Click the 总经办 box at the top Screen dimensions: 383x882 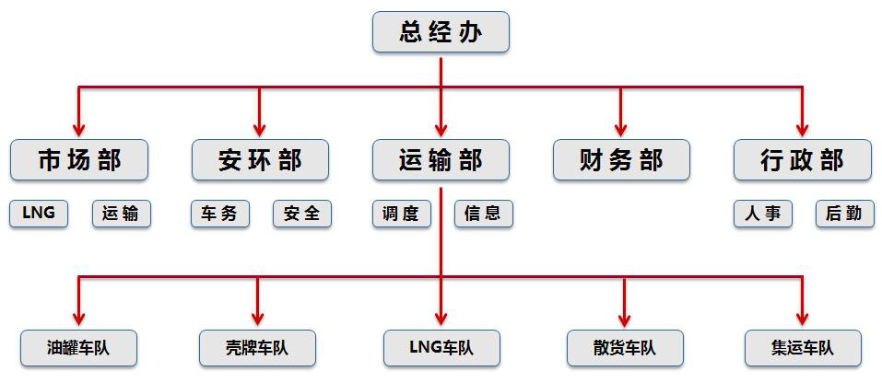pyautogui.click(x=441, y=33)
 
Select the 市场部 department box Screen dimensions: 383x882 pyautogui.click(x=78, y=160)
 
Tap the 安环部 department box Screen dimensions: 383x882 pyautogui.click(x=260, y=160)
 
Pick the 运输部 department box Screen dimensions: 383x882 pyautogui.click(x=441, y=160)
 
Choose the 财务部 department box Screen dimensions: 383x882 pyautogui.click(x=621, y=160)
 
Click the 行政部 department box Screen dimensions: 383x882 pyautogui.click(x=802, y=160)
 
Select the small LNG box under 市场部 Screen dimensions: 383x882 pyautogui.click(x=39, y=214)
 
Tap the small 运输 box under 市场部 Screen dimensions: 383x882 pyautogui.click(x=121, y=214)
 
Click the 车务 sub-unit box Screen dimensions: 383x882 pyautogui.click(x=219, y=214)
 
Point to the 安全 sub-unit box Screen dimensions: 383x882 pyautogui.click(x=301, y=214)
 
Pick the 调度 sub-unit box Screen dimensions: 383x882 pyautogui.click(x=400, y=214)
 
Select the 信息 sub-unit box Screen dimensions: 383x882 pyautogui.click(x=483, y=214)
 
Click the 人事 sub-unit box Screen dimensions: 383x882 pyautogui.click(x=762, y=214)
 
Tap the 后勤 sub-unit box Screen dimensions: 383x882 pyautogui.click(x=844, y=214)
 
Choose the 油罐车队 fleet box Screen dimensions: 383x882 pyautogui.click(x=78, y=348)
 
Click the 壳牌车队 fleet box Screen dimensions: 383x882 pyautogui.click(x=257, y=348)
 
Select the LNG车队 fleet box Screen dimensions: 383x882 pyautogui.click(x=441, y=348)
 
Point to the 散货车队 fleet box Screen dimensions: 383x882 pyautogui.click(x=625, y=348)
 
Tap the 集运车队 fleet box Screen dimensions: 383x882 pyautogui.click(x=803, y=348)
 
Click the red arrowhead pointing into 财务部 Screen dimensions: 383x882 pyautogui.click(x=621, y=130)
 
